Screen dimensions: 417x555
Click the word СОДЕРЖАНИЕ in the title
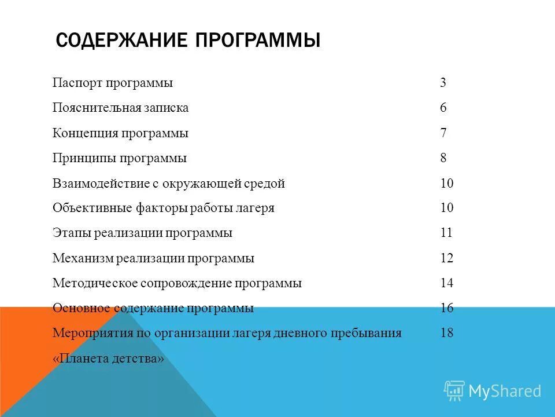[122, 41]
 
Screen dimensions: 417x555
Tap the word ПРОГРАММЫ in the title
[257, 41]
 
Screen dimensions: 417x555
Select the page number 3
[443, 83]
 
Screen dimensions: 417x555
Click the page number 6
[443, 108]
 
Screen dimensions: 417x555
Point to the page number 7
[443, 133]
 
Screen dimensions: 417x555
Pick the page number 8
[443, 158]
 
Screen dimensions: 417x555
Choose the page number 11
[446, 233]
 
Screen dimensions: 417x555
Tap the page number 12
[446, 258]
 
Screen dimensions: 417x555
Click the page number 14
[446, 284]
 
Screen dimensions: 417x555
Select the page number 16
[446, 308]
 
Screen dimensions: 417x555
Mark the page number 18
[446, 334]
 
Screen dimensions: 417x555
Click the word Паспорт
[77, 83]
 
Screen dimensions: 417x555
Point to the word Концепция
[84, 133]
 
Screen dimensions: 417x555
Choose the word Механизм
[82, 258]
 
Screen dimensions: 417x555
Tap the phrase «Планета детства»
[109, 359]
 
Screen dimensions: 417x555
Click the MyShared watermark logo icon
[454, 391]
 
